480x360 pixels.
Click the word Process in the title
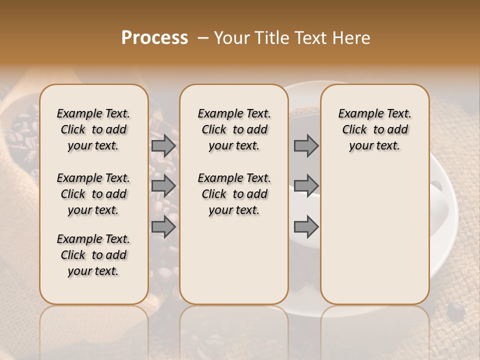coord(154,38)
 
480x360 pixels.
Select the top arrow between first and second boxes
coord(163,145)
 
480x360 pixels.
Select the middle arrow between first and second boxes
coord(163,185)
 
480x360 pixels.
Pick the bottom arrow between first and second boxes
coord(163,227)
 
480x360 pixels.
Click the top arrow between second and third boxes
coord(306,145)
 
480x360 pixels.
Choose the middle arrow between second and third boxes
coord(306,185)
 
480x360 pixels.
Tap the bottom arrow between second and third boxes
coord(306,227)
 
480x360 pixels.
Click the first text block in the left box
coord(93,129)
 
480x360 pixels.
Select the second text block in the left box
coord(93,194)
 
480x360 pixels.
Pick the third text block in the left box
coord(93,255)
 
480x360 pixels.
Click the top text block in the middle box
coord(234,129)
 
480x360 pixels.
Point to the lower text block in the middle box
coord(234,194)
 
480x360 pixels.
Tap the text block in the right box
coord(374,129)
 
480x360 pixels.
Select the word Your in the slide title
coord(231,38)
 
